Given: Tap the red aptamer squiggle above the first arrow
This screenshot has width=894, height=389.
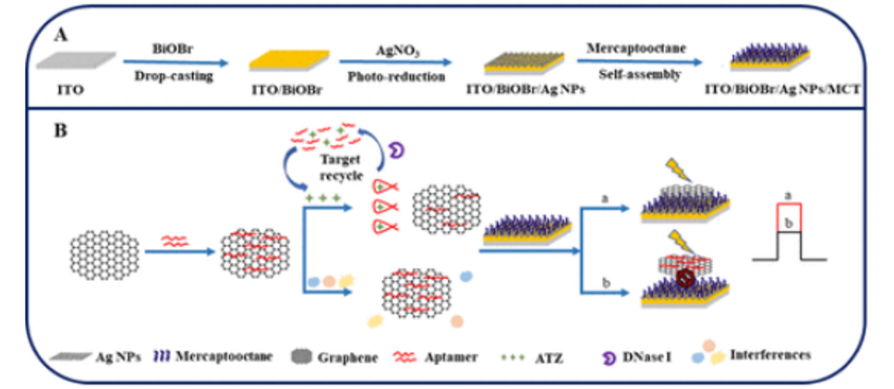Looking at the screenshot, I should tap(175, 241).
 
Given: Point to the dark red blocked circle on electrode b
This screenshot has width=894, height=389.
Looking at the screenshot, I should tap(686, 277).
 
